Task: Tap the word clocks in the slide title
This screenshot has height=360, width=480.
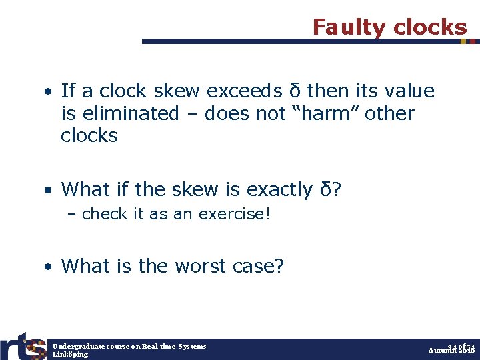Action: tap(430, 27)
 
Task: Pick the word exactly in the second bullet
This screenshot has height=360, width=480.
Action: tap(279, 189)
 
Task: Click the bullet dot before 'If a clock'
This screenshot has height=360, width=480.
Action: tap(50, 91)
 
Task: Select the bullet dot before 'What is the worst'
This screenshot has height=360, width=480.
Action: tap(50, 267)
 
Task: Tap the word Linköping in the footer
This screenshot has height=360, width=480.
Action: tap(70, 354)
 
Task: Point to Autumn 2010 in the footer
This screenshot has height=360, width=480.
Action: tap(451, 350)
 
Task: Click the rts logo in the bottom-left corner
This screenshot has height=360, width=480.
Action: tap(23, 345)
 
